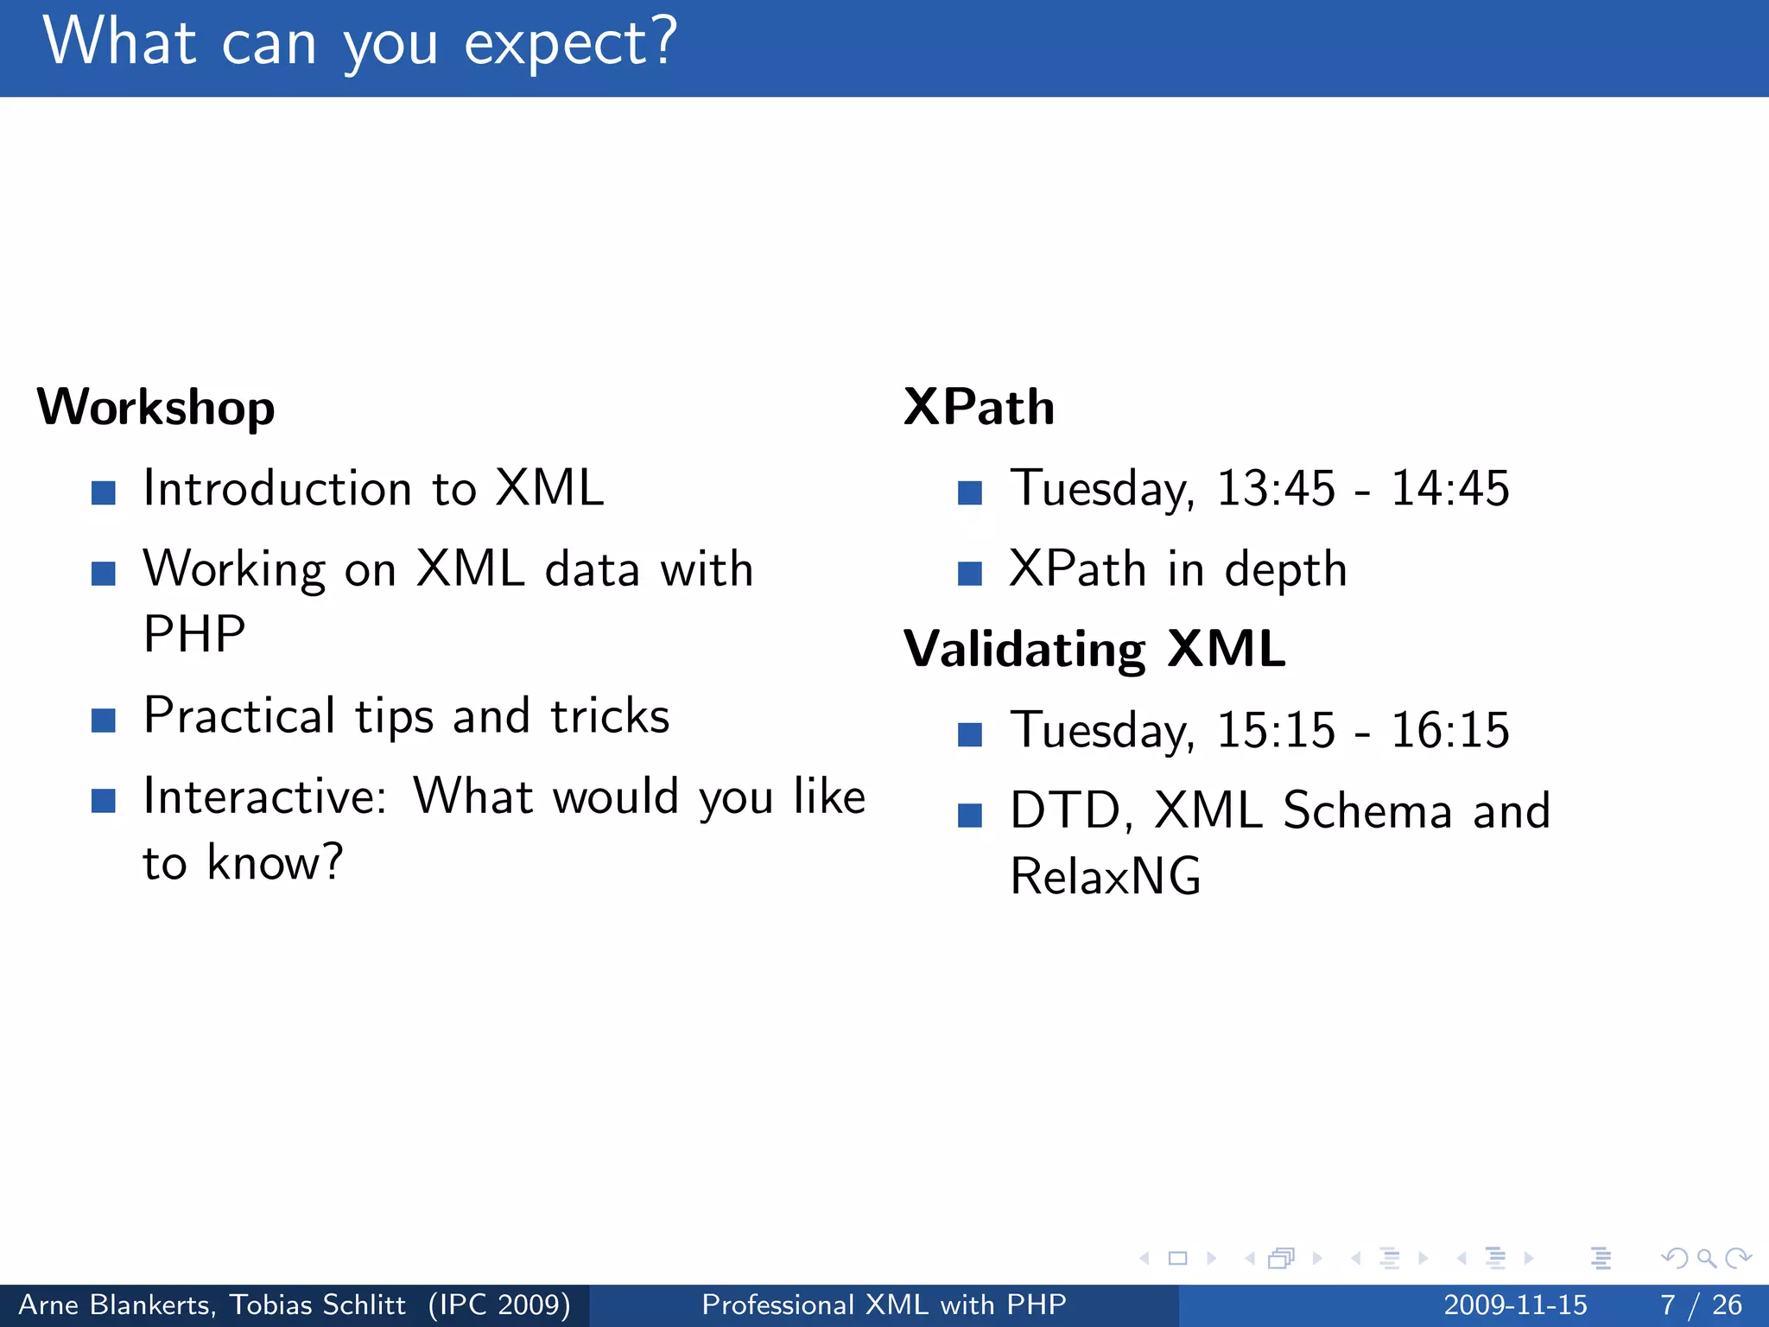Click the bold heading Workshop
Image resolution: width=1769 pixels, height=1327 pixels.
[155, 408]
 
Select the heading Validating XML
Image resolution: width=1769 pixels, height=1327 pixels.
[1094, 649]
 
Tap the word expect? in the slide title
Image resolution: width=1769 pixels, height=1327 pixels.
[570, 43]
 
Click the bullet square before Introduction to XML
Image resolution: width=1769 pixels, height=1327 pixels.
[104, 492]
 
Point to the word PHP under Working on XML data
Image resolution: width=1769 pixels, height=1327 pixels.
[194, 635]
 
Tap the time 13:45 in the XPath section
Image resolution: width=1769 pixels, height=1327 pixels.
[1276, 488]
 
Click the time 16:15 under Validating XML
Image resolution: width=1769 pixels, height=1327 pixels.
[1449, 730]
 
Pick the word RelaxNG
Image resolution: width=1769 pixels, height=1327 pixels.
[1106, 877]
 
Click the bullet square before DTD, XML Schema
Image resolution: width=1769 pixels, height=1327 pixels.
[970, 816]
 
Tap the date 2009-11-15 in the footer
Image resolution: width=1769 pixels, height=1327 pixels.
[1515, 1305]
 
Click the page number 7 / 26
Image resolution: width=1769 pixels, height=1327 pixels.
[1701, 1305]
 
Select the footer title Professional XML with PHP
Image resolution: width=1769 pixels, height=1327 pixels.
[884, 1305]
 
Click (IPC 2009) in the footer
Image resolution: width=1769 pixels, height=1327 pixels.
[499, 1305]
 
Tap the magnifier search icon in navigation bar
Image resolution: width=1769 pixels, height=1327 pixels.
[1706, 1258]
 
